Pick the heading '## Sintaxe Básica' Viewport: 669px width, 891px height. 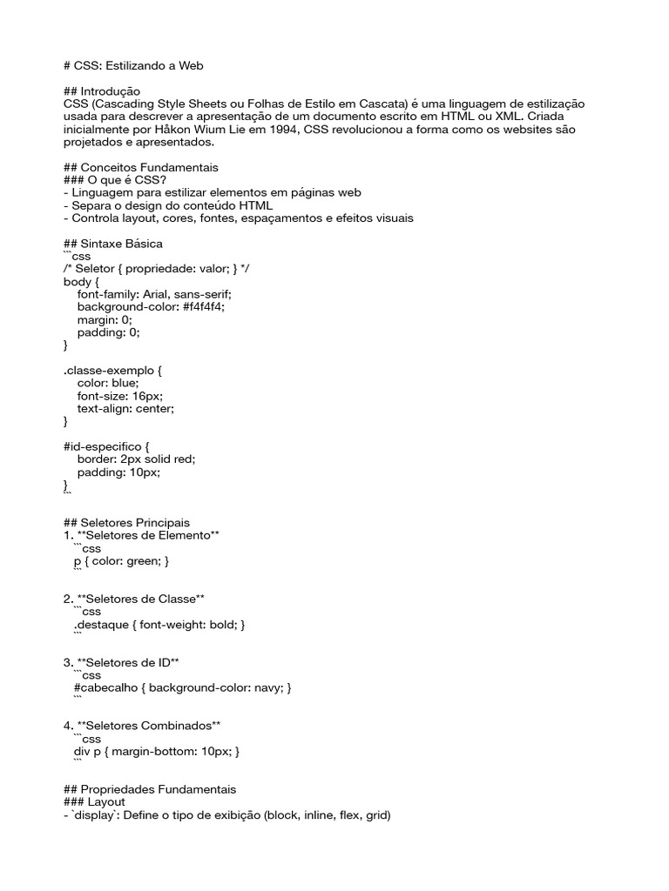(113, 244)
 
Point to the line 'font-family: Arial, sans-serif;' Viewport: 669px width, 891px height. (154, 295)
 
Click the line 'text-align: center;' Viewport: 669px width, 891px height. (125, 408)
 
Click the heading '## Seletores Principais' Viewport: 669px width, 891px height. (126, 523)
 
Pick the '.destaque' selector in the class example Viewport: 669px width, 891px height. (102, 625)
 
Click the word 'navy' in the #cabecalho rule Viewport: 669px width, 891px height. (265, 687)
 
